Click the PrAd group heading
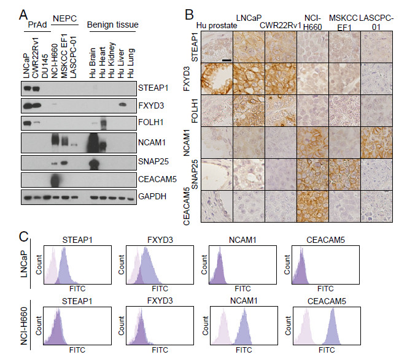[x=28, y=25]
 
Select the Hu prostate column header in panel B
[x=214, y=25]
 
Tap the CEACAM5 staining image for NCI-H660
[x=312, y=207]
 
